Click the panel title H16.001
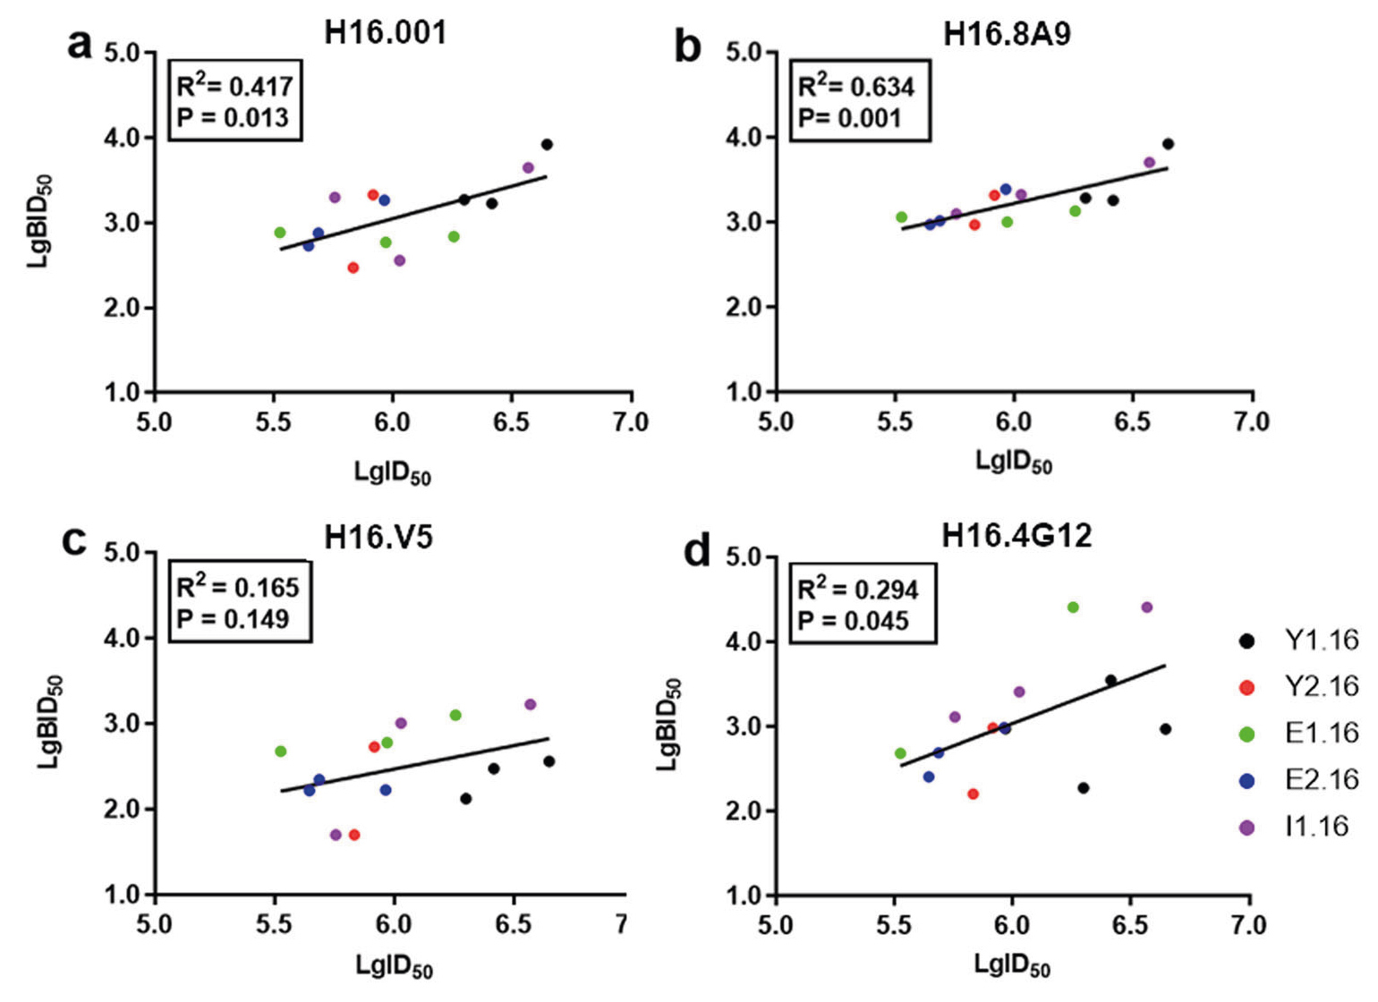click(385, 33)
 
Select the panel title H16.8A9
click(1007, 35)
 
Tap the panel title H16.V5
click(379, 537)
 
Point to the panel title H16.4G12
click(1016, 536)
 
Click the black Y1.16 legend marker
click(1246, 641)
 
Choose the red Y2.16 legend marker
click(1246, 687)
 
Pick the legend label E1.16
click(1322, 733)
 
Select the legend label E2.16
click(1322, 779)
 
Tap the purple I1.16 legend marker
click(1246, 827)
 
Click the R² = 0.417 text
click(234, 86)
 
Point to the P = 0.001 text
click(849, 118)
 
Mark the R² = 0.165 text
click(237, 587)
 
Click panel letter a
click(80, 43)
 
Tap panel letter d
click(697, 551)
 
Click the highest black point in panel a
click(547, 144)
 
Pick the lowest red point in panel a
click(353, 267)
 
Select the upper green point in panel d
click(1073, 607)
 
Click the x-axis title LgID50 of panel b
click(1013, 462)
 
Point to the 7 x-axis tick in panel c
click(622, 923)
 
